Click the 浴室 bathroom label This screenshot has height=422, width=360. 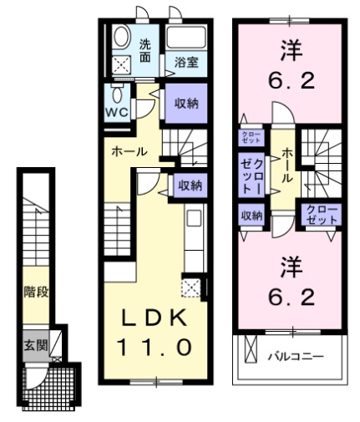point(186,62)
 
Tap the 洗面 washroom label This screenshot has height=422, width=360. point(145,52)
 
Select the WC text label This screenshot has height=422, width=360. point(115,111)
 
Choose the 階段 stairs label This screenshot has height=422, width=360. point(35,293)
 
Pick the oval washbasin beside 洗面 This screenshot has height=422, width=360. point(119,38)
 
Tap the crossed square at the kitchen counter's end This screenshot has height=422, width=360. point(192,289)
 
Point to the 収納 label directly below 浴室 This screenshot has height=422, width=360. point(186,104)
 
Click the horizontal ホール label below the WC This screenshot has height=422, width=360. point(130,152)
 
